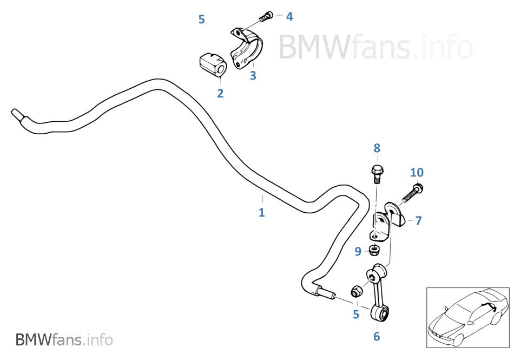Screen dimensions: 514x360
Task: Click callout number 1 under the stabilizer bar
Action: pyautogui.click(x=261, y=212)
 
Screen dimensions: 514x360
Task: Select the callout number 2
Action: pyautogui.click(x=220, y=94)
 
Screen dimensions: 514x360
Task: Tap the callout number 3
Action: pyautogui.click(x=253, y=75)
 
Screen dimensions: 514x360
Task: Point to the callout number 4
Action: pyautogui.click(x=289, y=16)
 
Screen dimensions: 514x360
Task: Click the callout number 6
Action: pyautogui.click(x=377, y=336)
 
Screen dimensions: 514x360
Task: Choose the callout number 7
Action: pyautogui.click(x=418, y=221)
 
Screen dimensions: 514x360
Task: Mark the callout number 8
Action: pyautogui.click(x=377, y=148)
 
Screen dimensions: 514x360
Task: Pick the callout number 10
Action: pyautogui.click(x=417, y=173)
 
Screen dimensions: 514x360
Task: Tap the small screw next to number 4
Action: pyautogui.click(x=266, y=16)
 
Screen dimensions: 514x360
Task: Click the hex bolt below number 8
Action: pyautogui.click(x=378, y=174)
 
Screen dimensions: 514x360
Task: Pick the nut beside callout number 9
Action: pyautogui.click(x=374, y=251)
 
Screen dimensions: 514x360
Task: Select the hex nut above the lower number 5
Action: pyautogui.click(x=357, y=291)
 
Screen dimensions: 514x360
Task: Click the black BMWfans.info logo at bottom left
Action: pyautogui.click(x=64, y=339)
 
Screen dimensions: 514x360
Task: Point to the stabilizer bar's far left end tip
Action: pyautogui.click(x=13, y=111)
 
